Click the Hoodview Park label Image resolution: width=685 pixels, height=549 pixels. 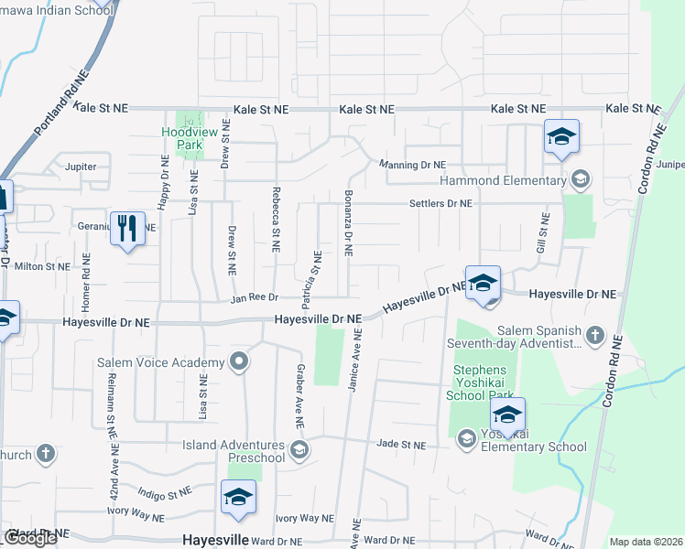(181, 138)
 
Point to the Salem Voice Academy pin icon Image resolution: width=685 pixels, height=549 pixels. (240, 361)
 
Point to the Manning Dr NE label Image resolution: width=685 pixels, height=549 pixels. (414, 165)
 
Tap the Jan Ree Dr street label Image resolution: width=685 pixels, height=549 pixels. (254, 298)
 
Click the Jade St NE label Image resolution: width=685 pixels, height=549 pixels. (401, 445)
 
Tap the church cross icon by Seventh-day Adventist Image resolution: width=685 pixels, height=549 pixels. (595, 333)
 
